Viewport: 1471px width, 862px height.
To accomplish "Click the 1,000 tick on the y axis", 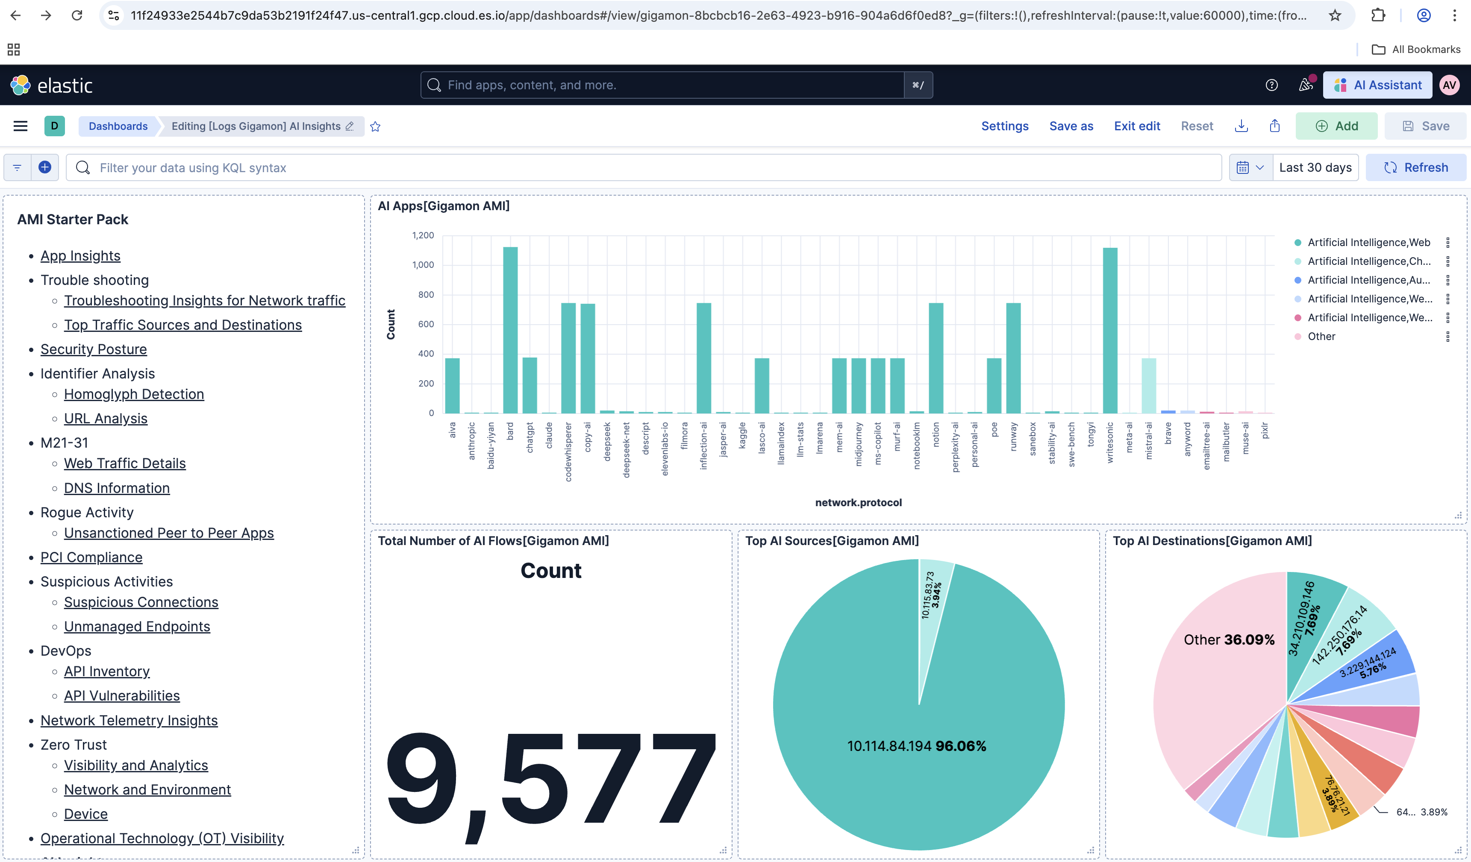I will point(423,265).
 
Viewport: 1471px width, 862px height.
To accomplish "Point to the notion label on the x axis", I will point(936,435).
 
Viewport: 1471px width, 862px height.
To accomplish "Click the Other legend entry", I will point(1321,336).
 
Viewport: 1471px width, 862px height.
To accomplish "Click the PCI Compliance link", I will point(91,557).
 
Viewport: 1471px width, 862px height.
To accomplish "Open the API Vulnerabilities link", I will point(121,696).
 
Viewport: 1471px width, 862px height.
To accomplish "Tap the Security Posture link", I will point(94,349).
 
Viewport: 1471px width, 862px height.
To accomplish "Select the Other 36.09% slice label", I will point(1228,639).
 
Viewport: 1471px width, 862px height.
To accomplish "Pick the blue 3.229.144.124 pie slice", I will point(1383,660).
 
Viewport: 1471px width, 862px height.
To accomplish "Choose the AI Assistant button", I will point(1377,85).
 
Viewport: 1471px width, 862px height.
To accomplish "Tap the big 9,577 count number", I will point(550,782).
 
